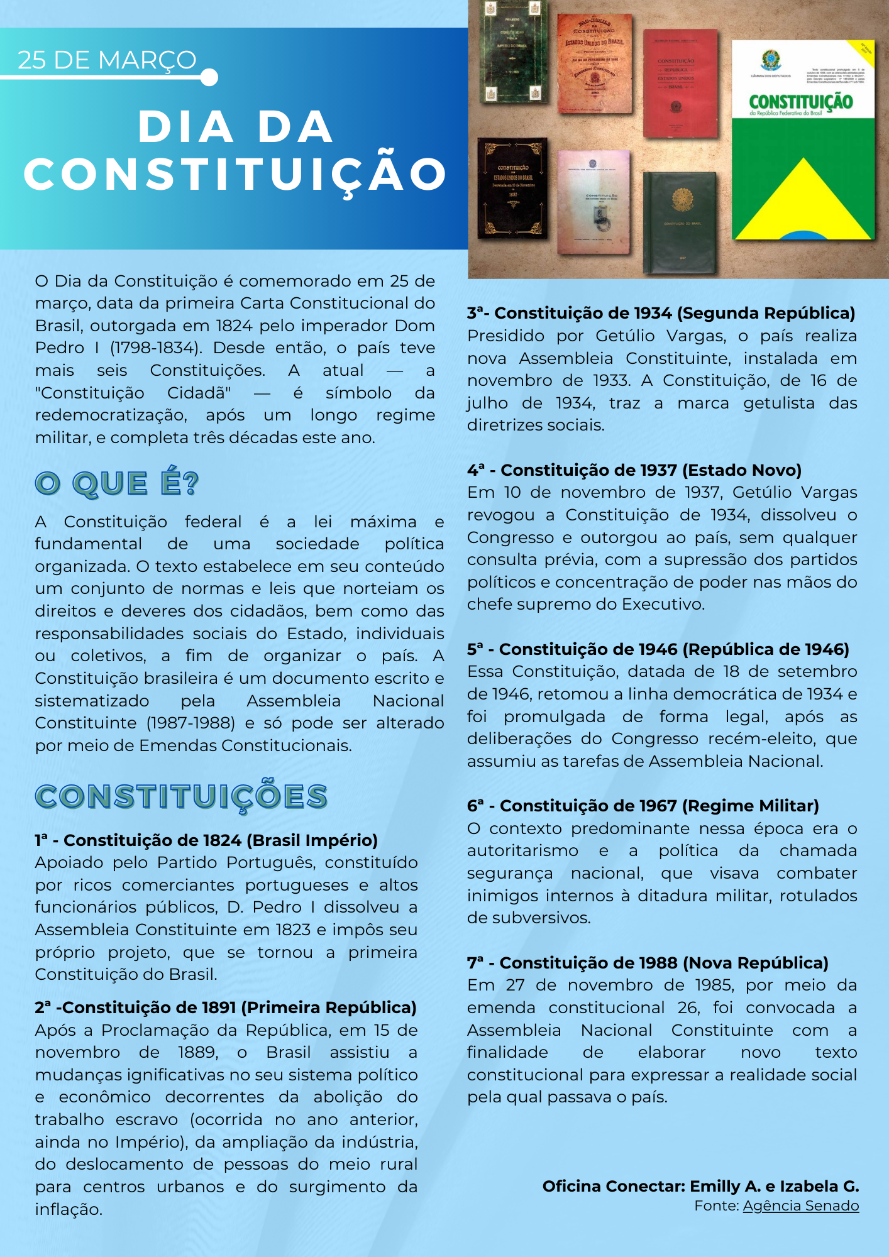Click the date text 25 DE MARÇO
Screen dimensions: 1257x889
(107, 60)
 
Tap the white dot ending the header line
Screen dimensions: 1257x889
(210, 77)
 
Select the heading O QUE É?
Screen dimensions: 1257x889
(117, 484)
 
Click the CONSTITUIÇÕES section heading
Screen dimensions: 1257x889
(181, 796)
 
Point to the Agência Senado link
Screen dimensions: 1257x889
(800, 1205)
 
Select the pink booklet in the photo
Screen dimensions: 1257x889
(594, 201)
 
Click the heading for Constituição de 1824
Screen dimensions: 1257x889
(206, 840)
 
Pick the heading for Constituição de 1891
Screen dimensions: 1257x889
(226, 1007)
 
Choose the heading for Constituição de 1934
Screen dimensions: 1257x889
(661, 313)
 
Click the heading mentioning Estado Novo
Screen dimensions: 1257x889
(634, 470)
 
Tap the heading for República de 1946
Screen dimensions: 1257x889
(658, 649)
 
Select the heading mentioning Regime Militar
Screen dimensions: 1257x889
(643, 806)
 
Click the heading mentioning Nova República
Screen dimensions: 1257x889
(648, 963)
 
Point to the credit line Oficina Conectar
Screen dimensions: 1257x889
(700, 1186)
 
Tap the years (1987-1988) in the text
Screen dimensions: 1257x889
(191, 723)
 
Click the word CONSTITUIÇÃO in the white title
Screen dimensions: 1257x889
(236, 174)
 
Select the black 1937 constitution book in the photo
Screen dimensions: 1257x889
(512, 189)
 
